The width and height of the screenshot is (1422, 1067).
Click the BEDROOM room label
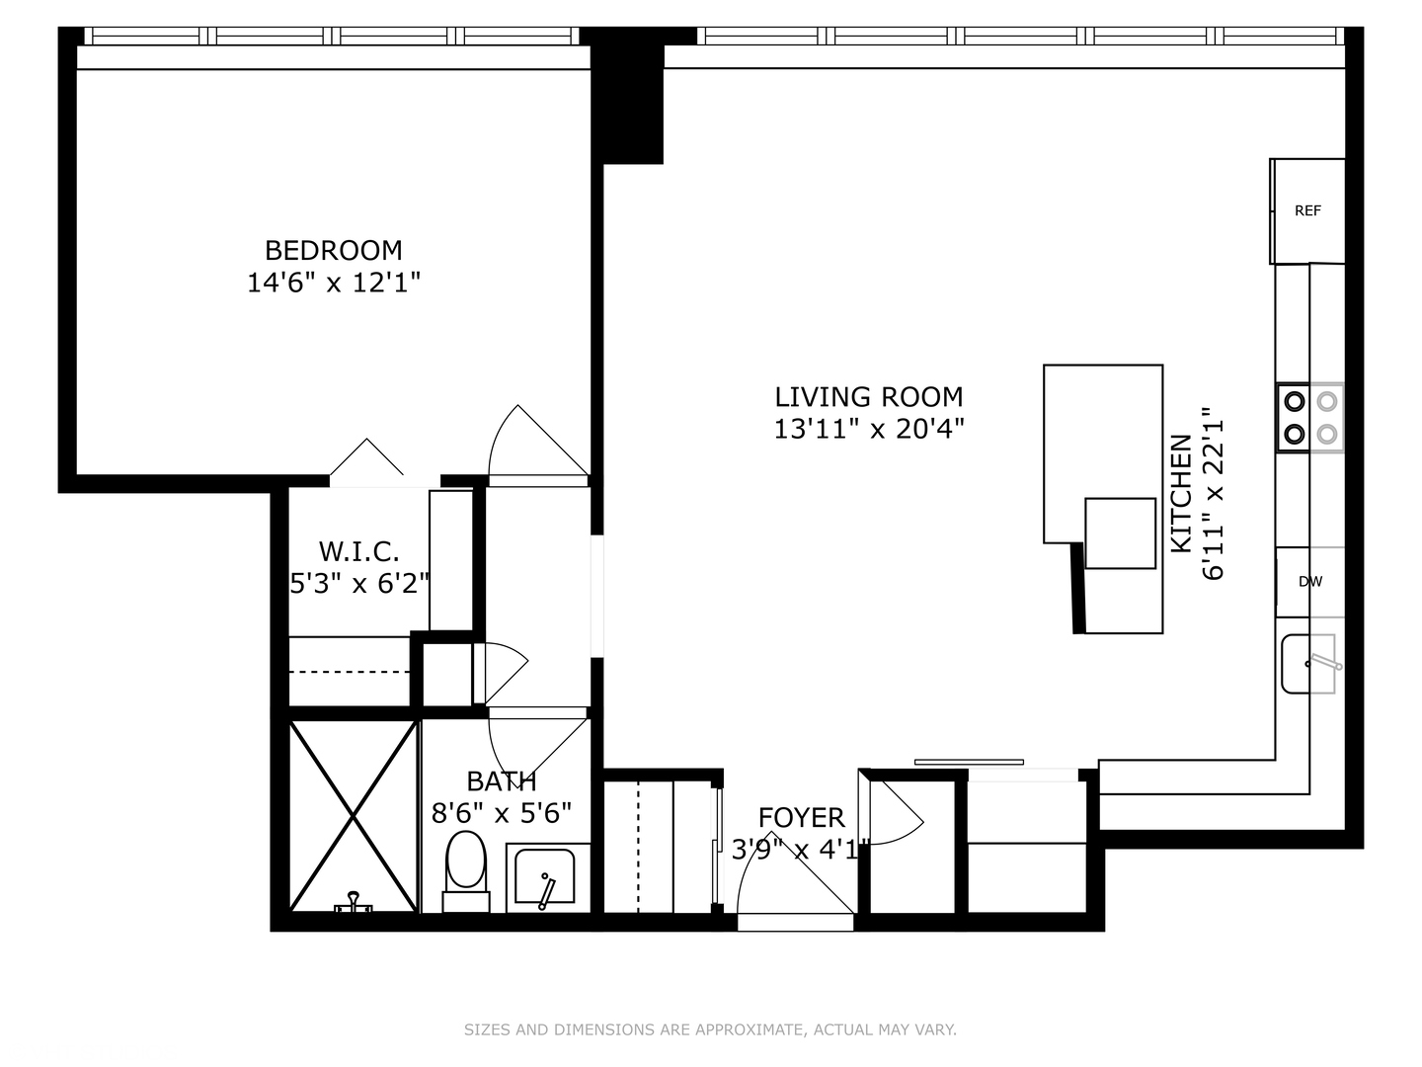click(x=333, y=250)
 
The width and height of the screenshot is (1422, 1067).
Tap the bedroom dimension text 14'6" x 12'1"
click(x=333, y=284)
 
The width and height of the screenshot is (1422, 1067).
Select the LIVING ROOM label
click(x=868, y=397)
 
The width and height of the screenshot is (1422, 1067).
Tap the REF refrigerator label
click(x=1307, y=210)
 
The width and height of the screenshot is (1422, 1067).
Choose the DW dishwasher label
click(x=1309, y=582)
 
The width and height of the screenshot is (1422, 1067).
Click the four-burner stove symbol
click(x=1310, y=417)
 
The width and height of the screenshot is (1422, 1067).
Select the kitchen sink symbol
click(x=1308, y=664)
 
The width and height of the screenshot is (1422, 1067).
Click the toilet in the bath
click(x=466, y=866)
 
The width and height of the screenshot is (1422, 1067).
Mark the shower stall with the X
click(x=354, y=816)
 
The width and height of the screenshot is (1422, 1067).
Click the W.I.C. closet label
click(x=358, y=551)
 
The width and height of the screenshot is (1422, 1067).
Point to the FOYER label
click(x=801, y=818)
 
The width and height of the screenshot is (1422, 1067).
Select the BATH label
click(x=501, y=781)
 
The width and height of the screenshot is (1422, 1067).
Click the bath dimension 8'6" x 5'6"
click(x=501, y=813)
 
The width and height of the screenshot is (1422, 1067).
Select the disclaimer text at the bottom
click(x=710, y=1029)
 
